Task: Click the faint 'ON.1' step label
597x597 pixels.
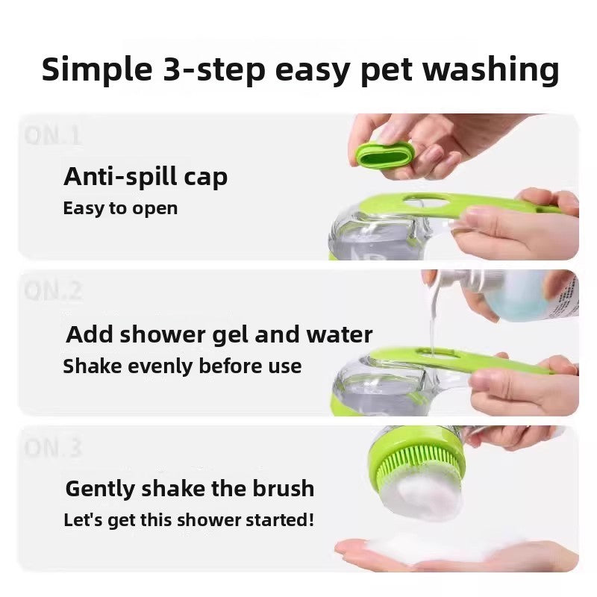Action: click(x=52, y=137)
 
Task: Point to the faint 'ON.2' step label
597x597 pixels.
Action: click(x=53, y=292)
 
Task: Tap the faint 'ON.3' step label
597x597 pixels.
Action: click(x=52, y=448)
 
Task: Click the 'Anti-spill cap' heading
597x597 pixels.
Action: click(x=146, y=177)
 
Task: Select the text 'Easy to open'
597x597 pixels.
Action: click(x=120, y=208)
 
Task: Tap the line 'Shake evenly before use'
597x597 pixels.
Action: click(x=182, y=366)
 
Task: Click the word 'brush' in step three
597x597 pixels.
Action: click(x=280, y=489)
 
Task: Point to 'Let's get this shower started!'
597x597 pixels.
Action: click(x=189, y=519)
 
